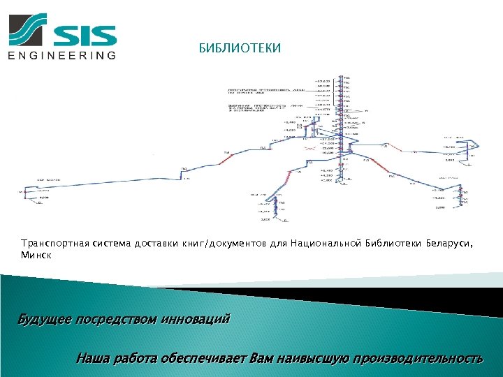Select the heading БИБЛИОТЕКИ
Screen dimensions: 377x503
pos(240,48)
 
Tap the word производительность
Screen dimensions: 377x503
pos(418,360)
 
